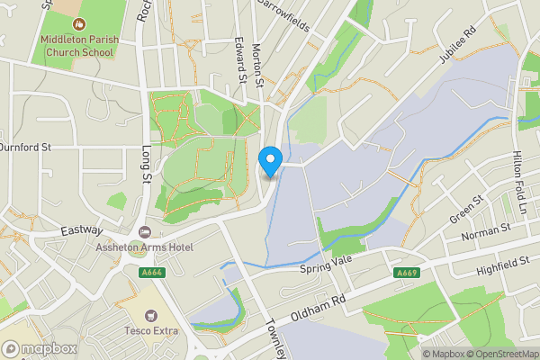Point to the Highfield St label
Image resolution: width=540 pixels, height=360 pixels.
click(503, 264)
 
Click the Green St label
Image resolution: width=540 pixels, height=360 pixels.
click(468, 210)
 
